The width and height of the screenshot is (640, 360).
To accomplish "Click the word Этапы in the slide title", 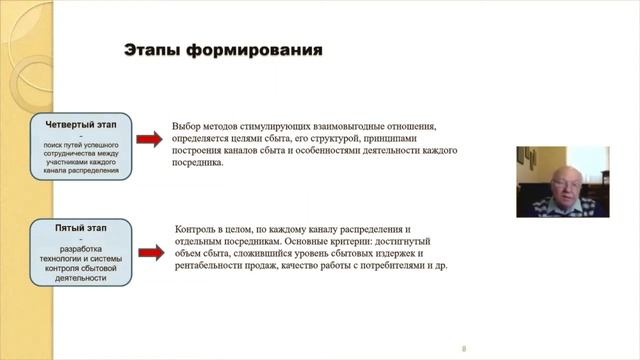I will click(151, 49).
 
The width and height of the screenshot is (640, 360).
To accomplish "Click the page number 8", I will click(464, 349).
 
